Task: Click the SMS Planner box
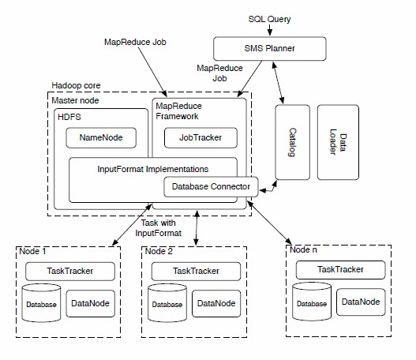point(269,48)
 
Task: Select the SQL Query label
point(269,19)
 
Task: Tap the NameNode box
point(101,137)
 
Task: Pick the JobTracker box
point(201,137)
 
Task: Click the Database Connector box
point(211,187)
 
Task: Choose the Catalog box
point(292,142)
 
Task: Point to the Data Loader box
point(338,142)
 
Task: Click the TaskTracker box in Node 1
point(70,271)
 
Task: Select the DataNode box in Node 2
point(216,303)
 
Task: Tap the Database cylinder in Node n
point(312,302)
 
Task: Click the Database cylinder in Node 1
point(41,303)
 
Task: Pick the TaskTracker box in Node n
point(340,270)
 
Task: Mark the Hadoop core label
point(76,85)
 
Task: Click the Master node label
point(75,100)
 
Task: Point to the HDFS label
point(69,117)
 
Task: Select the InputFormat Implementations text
point(153,169)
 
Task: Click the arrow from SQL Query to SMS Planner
point(269,30)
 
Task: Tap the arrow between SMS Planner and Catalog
point(278,83)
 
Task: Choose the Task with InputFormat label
point(159,228)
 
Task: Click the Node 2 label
point(159,251)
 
